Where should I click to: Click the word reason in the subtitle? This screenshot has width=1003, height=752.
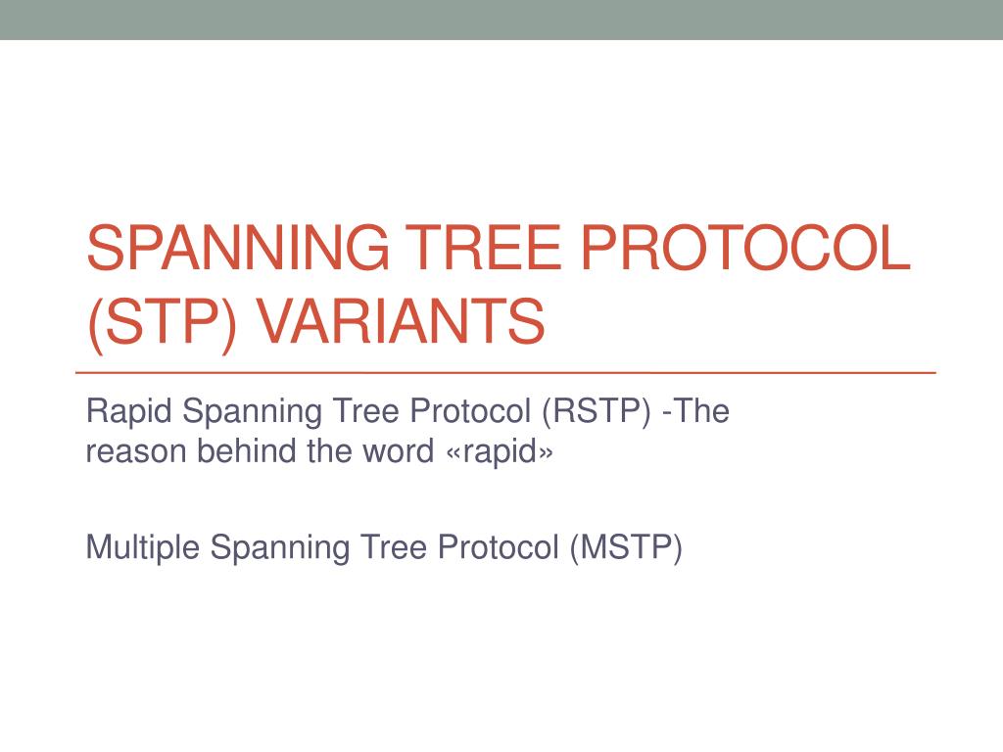click(x=136, y=451)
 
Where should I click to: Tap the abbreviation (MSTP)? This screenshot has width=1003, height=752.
click(x=625, y=547)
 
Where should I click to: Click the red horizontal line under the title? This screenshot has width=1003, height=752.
click(x=505, y=374)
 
